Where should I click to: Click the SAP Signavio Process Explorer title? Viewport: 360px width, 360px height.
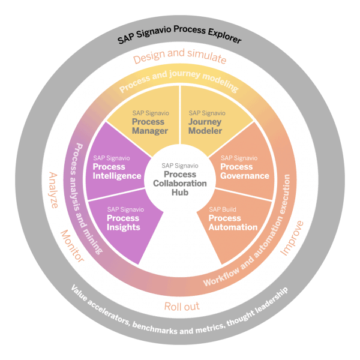tap(179, 40)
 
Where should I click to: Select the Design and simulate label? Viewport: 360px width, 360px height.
tap(179, 59)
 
